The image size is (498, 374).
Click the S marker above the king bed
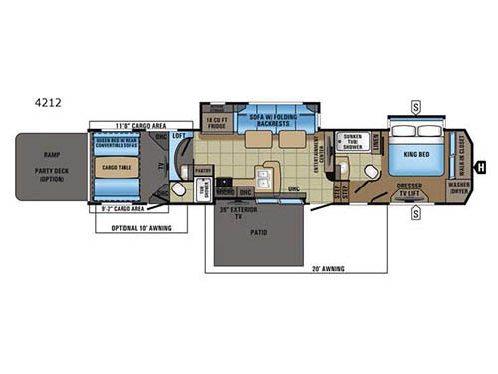(416, 105)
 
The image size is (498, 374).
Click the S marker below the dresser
(416, 212)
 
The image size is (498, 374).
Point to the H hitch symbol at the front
(481, 167)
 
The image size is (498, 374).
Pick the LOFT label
(179, 135)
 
